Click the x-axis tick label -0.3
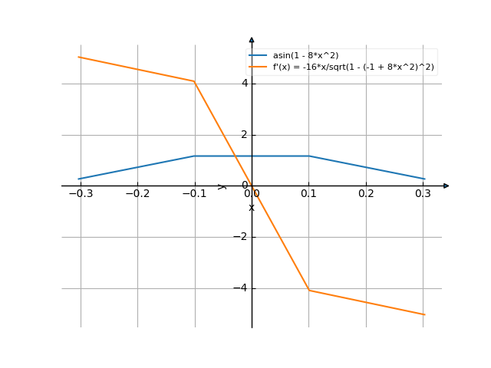click(x=80, y=194)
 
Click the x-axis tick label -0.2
click(x=137, y=194)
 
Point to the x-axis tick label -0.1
click(x=194, y=194)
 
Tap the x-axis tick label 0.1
click(x=308, y=194)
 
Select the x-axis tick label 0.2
click(x=366, y=194)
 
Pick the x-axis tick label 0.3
click(x=423, y=194)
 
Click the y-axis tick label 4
click(x=244, y=83)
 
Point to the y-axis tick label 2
click(x=244, y=134)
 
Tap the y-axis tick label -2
click(x=241, y=237)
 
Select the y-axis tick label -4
click(x=241, y=288)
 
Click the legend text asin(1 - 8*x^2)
click(x=305, y=56)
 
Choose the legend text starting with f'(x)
click(x=354, y=67)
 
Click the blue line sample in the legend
click(x=258, y=56)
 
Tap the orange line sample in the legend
click(x=258, y=67)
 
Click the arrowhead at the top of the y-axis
click(x=252, y=39)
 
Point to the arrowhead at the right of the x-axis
click(x=446, y=186)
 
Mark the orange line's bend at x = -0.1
click(x=194, y=81)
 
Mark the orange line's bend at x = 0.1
click(x=308, y=290)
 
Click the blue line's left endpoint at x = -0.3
click(x=80, y=179)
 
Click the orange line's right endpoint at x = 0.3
click(x=423, y=314)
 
